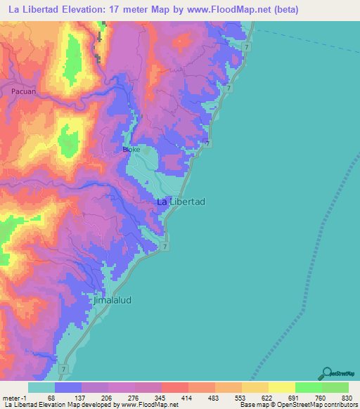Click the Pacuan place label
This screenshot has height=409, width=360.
[23, 91]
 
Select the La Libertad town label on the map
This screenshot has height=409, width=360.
[180, 202]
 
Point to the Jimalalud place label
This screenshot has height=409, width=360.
[112, 300]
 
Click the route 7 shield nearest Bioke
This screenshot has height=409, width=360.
[207, 144]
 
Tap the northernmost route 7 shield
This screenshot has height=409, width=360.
[247, 46]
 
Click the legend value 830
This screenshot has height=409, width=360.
[345, 398]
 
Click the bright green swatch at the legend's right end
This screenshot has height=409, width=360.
[335, 387]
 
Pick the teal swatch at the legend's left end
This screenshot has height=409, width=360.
[41, 387]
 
